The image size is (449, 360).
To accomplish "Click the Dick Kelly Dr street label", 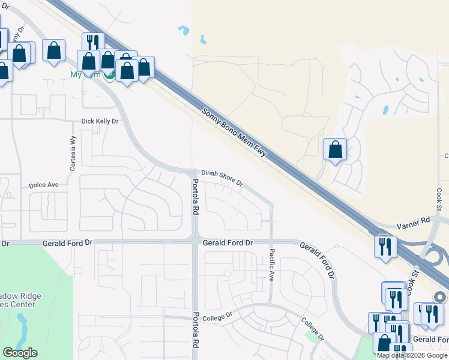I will pos(100,121).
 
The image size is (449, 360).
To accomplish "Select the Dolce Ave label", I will pos(44,185).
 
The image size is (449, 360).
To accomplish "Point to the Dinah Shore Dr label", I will pos(221,176).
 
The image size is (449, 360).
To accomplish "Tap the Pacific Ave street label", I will pos(271,266).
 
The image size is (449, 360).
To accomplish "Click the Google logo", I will pos(20,353).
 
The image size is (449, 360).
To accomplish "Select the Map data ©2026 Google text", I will pos(412,355).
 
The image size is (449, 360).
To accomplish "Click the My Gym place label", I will pos(84,74).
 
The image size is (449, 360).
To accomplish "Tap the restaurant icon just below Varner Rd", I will pos(384,246).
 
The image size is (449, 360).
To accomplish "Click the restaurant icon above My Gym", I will pos(93,42).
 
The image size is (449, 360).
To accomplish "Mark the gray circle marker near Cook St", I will pos(440,297).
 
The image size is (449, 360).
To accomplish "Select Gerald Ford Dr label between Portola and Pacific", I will pos(228,242).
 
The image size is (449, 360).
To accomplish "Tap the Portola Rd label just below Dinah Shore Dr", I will pos(194,197).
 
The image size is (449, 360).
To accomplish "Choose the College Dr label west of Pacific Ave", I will pos(217,316).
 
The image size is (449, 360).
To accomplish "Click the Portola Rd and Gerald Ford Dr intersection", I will pos(194,242).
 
